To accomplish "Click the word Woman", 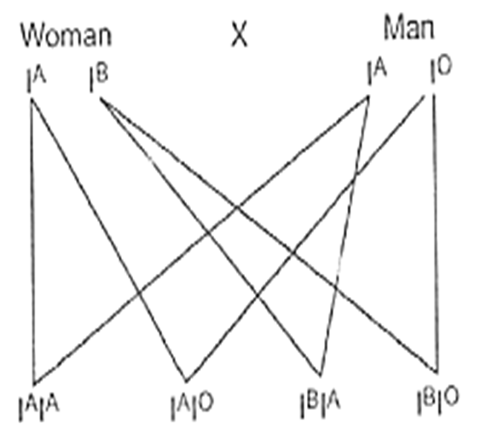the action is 67,35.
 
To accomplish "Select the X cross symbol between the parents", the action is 240,34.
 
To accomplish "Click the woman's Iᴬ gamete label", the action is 36,80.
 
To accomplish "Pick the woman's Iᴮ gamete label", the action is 99,79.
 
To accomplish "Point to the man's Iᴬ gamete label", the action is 377,73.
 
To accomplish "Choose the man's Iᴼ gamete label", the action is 441,69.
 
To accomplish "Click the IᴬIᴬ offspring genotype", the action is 38,408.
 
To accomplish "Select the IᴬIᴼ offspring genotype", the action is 192,407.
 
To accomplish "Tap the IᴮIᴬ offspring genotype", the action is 320,405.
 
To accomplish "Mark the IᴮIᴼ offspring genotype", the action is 437,401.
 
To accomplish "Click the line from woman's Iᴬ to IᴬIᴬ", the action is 32,242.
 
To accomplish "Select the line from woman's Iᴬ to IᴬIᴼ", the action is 108,241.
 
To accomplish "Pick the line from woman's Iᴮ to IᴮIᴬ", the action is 211,236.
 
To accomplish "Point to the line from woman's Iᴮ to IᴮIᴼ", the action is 269,235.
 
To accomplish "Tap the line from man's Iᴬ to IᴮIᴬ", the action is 345,236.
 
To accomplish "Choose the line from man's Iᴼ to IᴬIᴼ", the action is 305,238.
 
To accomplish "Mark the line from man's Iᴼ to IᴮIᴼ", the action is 436,233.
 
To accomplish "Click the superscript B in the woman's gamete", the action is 102,73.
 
